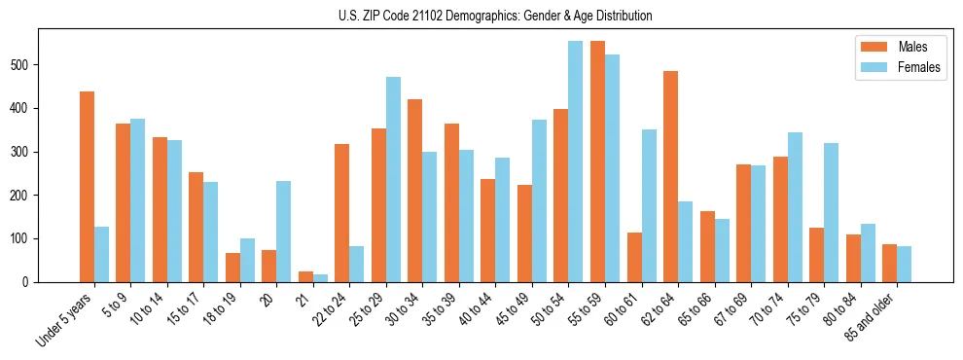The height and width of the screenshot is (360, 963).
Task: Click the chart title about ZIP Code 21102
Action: tap(481, 16)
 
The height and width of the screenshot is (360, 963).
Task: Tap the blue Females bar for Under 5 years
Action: tap(101, 254)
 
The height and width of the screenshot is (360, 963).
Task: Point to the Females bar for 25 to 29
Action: tap(393, 179)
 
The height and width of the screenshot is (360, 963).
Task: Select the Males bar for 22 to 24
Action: tap(341, 213)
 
